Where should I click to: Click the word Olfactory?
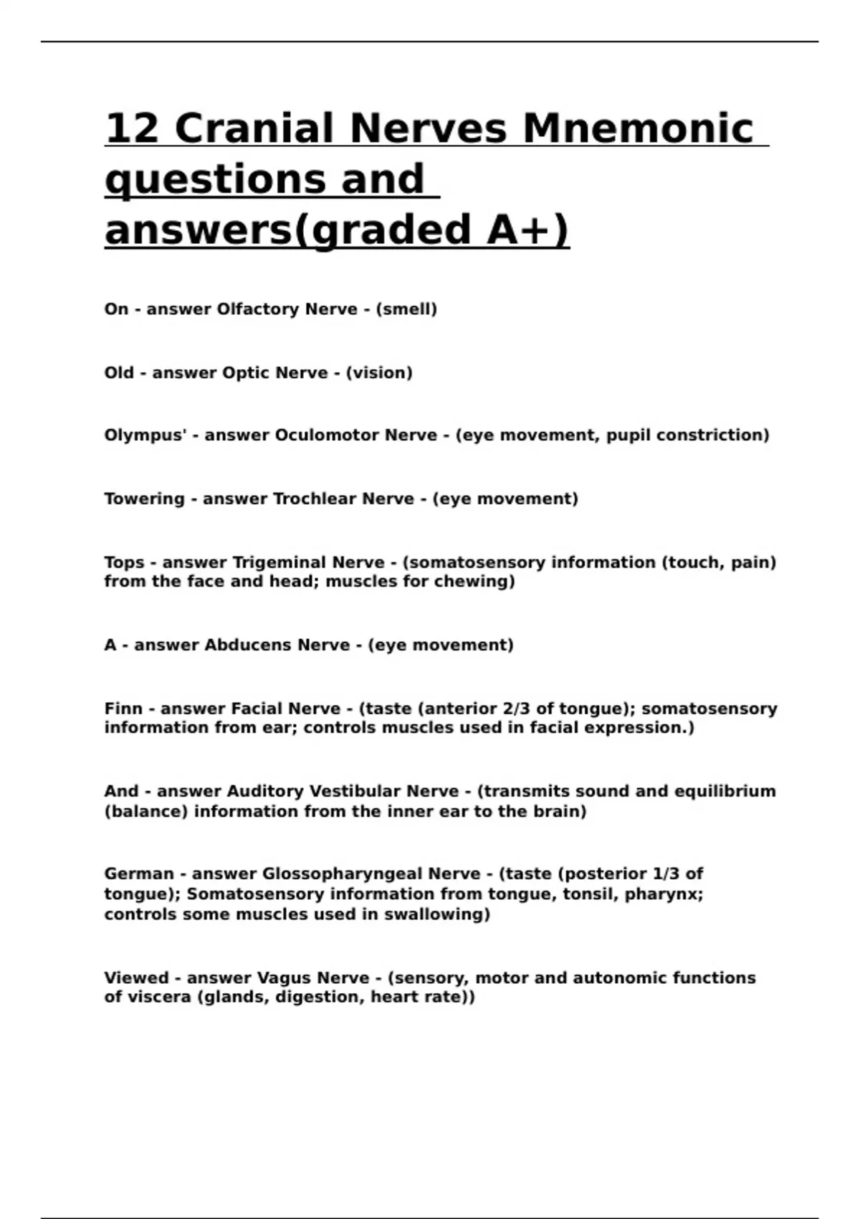tap(258, 309)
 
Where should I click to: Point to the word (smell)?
tap(406, 309)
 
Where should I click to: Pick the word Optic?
tap(246, 373)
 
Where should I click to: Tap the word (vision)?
tap(379, 373)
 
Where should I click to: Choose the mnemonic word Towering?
tap(144, 498)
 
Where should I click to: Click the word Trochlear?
tap(314, 498)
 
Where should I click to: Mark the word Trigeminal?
tap(279, 562)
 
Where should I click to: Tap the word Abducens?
tap(248, 645)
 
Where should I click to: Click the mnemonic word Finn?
tap(123, 708)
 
